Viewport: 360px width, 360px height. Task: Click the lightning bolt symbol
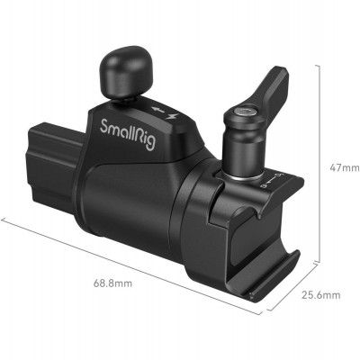point(167,111)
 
